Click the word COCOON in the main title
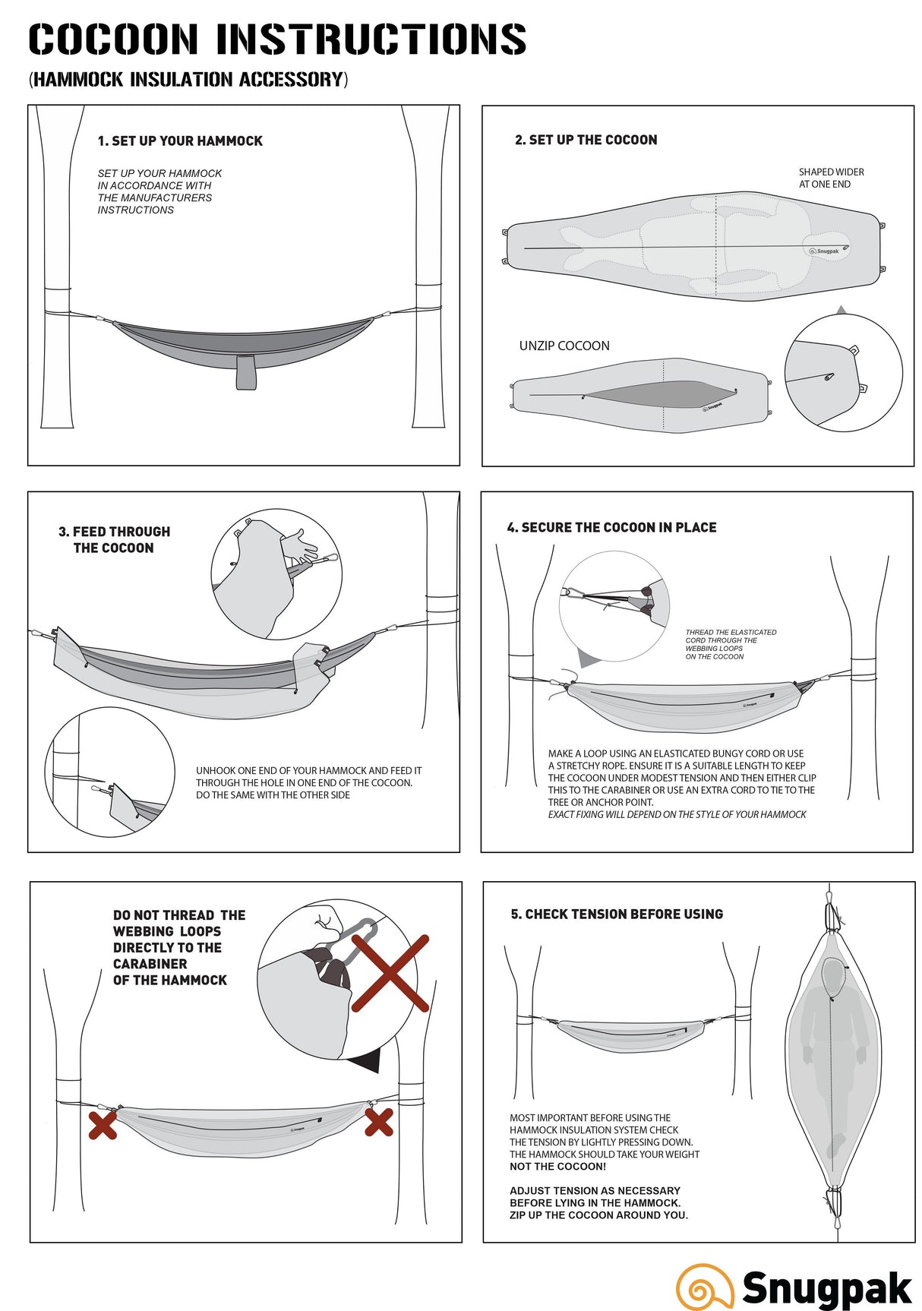tap(114, 39)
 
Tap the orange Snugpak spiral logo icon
tap(704, 1287)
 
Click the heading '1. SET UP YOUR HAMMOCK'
tap(180, 141)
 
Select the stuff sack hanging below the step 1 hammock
tap(245, 371)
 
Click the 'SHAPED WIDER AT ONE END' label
tap(831, 178)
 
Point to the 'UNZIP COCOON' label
tap(564, 346)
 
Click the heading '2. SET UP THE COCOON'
tap(586, 140)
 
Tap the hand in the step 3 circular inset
tap(300, 545)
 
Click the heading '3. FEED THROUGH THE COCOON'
tap(115, 540)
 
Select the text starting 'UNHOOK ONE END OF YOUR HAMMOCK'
tap(308, 782)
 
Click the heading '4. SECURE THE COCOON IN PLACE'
tap(611, 528)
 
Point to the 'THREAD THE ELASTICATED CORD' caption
tap(731, 644)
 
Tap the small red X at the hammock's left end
tap(103, 1125)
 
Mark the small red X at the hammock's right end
tap(378, 1122)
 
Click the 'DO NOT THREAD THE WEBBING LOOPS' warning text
tap(178, 947)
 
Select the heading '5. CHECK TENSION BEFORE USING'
tap(617, 915)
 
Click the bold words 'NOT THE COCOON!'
tap(557, 1167)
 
